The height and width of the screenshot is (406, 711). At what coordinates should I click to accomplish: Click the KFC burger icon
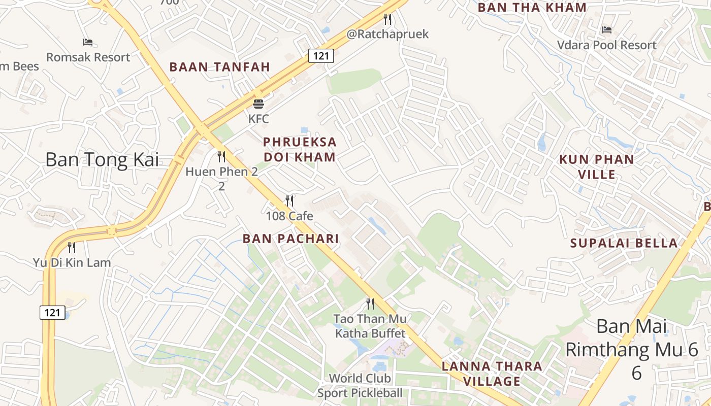[258, 104]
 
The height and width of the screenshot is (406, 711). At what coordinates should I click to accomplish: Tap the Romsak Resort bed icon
[88, 42]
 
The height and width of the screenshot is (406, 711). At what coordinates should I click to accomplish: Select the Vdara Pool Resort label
[606, 45]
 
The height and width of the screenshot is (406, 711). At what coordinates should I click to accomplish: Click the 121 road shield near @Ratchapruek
[321, 56]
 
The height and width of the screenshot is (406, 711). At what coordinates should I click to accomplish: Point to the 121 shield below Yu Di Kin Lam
[52, 313]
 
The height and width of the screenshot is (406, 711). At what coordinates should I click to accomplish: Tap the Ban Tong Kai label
[102, 159]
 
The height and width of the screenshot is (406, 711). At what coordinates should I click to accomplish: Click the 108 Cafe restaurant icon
[289, 201]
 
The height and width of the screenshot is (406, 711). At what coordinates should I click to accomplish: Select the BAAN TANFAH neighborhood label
[219, 67]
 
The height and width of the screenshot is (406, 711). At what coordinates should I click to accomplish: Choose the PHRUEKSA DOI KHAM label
[300, 149]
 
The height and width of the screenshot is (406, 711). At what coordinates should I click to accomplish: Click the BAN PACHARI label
[290, 239]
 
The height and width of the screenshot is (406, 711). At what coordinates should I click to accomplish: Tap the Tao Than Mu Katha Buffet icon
[370, 304]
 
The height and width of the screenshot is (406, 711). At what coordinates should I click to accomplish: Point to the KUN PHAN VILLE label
[596, 167]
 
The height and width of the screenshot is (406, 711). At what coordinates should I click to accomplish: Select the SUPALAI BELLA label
[624, 243]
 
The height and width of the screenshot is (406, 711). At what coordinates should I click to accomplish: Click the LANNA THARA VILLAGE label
[492, 374]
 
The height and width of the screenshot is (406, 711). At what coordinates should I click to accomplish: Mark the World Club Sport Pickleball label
[360, 386]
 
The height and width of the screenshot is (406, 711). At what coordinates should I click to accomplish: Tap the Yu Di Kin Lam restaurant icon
[72, 248]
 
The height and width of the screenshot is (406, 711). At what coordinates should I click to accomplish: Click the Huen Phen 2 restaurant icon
[221, 156]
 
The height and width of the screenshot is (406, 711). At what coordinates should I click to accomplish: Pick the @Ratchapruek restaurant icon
[387, 19]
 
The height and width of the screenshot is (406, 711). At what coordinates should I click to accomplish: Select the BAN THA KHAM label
[532, 8]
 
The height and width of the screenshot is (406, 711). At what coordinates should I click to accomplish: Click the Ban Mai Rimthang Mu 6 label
[632, 349]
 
